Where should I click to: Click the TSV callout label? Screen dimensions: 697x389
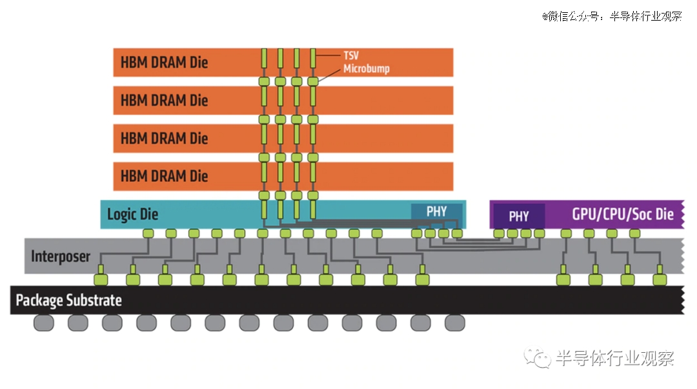pyautogui.click(x=350, y=55)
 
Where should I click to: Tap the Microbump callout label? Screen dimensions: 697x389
pyautogui.click(x=367, y=69)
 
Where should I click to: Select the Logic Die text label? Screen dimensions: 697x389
pyautogui.click(x=132, y=214)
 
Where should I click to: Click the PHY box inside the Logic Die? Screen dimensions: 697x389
pyautogui.click(x=436, y=211)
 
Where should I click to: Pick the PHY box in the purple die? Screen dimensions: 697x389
pyautogui.click(x=519, y=216)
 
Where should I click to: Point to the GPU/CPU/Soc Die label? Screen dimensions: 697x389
pyautogui.click(x=623, y=214)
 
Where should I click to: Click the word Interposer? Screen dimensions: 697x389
pyautogui.click(x=61, y=257)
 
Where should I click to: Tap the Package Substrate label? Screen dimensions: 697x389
pyautogui.click(x=69, y=301)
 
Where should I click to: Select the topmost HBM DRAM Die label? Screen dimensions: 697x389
pyautogui.click(x=164, y=62)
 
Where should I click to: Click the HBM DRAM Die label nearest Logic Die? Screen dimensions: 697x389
pyautogui.click(x=164, y=176)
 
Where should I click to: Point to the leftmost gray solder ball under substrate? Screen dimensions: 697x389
pyautogui.click(x=44, y=323)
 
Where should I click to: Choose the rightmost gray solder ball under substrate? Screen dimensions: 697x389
pyautogui.click(x=455, y=323)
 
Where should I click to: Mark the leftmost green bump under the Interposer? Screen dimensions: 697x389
pyautogui.click(x=101, y=279)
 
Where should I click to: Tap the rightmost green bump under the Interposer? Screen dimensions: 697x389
pyautogui.click(x=660, y=279)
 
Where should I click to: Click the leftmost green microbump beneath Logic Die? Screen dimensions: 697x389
pyautogui.click(x=148, y=234)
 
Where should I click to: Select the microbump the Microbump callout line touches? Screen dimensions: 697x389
pyautogui.click(x=313, y=81)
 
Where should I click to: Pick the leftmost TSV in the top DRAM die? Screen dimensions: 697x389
pyautogui.click(x=264, y=58)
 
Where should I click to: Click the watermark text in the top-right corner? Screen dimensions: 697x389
pyautogui.click(x=612, y=16)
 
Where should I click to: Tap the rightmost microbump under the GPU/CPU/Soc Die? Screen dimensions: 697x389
pyautogui.click(x=635, y=234)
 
